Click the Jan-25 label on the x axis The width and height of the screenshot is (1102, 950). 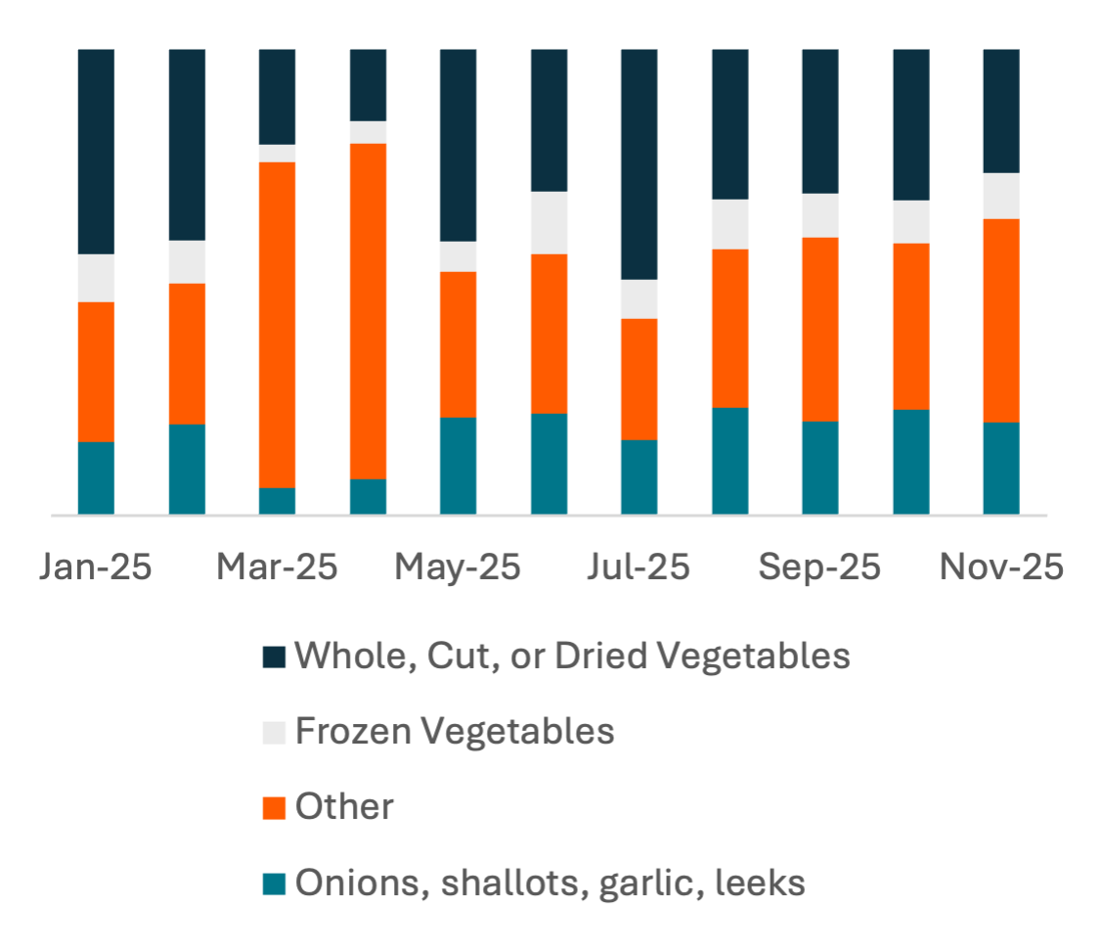click(x=96, y=567)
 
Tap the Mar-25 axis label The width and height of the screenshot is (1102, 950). click(x=277, y=567)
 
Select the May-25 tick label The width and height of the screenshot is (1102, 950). click(x=458, y=567)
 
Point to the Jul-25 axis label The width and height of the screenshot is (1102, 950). click(x=639, y=567)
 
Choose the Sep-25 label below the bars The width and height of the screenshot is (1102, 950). click(x=819, y=567)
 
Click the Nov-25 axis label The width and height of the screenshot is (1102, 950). click(x=1000, y=567)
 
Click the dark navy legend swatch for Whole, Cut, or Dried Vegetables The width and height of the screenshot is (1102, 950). click(x=275, y=656)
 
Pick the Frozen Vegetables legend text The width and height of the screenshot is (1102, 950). click(x=455, y=731)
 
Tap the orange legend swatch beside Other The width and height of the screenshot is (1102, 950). click(x=275, y=808)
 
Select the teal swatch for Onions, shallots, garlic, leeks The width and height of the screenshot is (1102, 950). click(x=275, y=884)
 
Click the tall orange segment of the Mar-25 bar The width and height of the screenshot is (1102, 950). click(x=277, y=325)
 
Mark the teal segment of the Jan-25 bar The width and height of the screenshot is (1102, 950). click(x=96, y=477)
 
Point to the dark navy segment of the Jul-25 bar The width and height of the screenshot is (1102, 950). click(x=639, y=163)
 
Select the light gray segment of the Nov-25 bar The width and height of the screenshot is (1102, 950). click(x=1000, y=196)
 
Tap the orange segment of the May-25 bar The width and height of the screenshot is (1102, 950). click(x=458, y=344)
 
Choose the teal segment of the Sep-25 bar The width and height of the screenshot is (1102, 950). click(x=819, y=468)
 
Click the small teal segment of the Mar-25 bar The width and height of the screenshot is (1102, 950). click(x=277, y=501)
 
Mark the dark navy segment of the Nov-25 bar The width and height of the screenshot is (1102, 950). click(x=1000, y=111)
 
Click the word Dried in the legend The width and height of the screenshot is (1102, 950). click(x=596, y=656)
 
